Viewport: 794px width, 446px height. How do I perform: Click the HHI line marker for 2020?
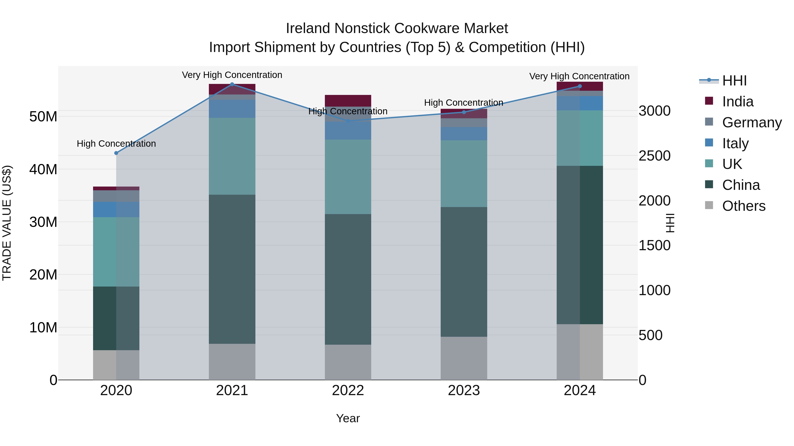coord(116,153)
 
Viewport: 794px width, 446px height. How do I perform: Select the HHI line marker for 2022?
coord(348,121)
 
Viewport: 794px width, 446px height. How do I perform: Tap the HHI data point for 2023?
coord(464,112)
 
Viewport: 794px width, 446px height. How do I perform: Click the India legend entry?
coord(738,102)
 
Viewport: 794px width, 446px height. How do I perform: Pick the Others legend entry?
coord(743,206)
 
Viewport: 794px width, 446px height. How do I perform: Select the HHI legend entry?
coord(734,81)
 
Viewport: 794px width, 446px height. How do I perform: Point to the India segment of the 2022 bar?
coord(348,101)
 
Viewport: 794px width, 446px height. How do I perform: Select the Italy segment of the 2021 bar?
coord(232,109)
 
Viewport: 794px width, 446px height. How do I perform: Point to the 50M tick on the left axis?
coord(43,117)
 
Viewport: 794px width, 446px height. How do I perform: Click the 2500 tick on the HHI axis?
coord(654,156)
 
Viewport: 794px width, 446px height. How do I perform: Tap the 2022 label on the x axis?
coord(348,390)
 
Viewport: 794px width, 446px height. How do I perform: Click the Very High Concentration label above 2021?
coord(232,75)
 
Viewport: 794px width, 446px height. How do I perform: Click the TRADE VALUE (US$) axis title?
coord(7,223)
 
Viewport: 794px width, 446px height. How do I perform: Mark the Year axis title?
coord(348,418)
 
